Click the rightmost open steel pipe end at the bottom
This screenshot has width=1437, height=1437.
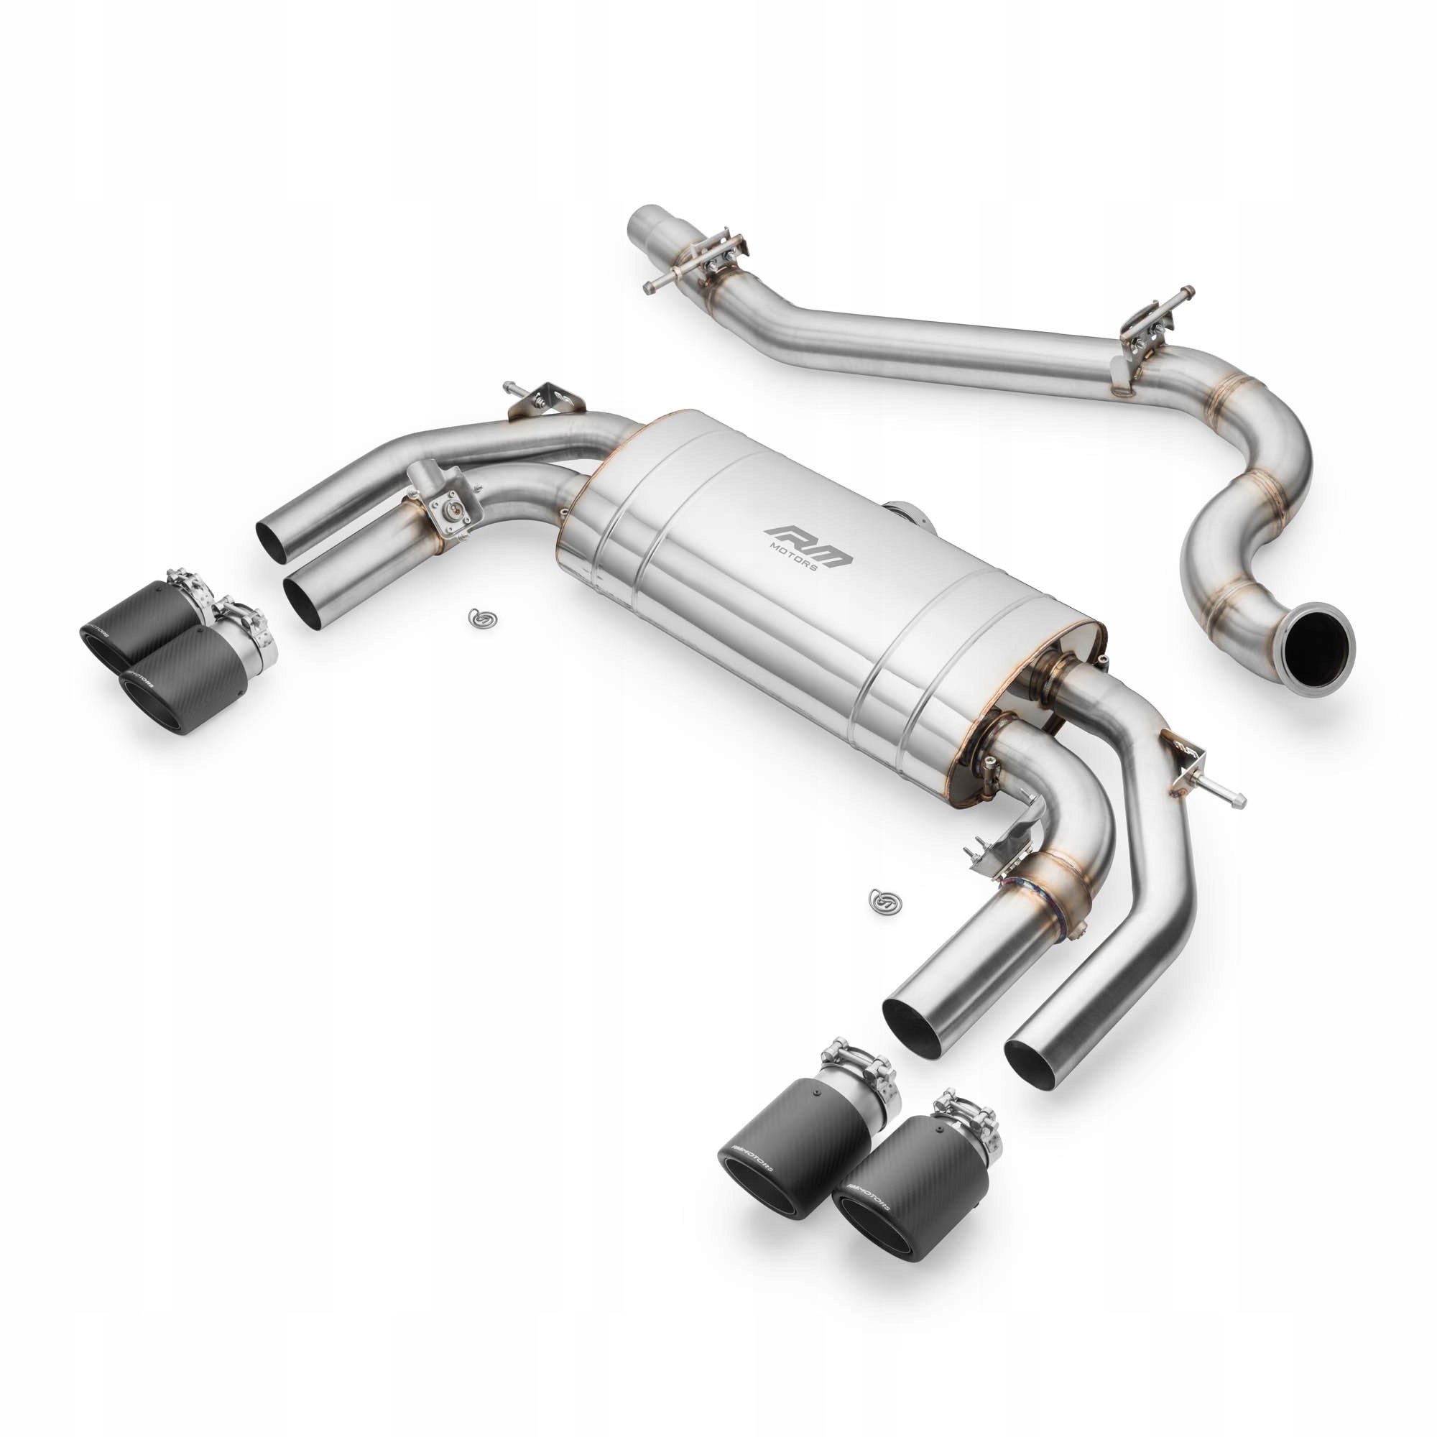coord(1032,1062)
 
